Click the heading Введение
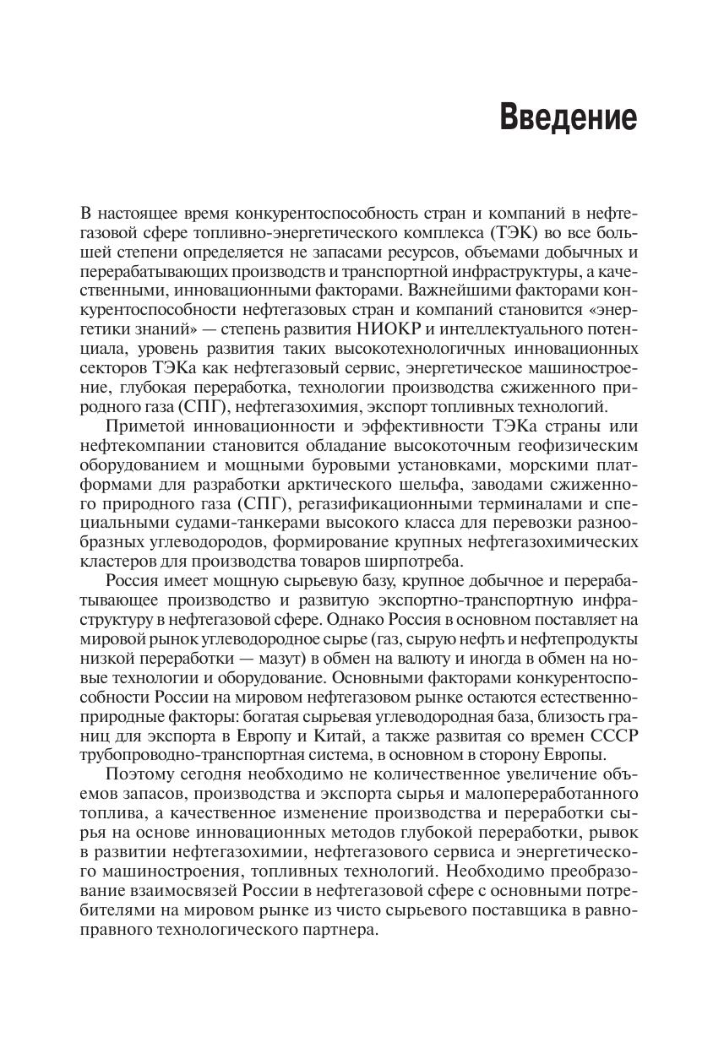(x=568, y=117)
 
